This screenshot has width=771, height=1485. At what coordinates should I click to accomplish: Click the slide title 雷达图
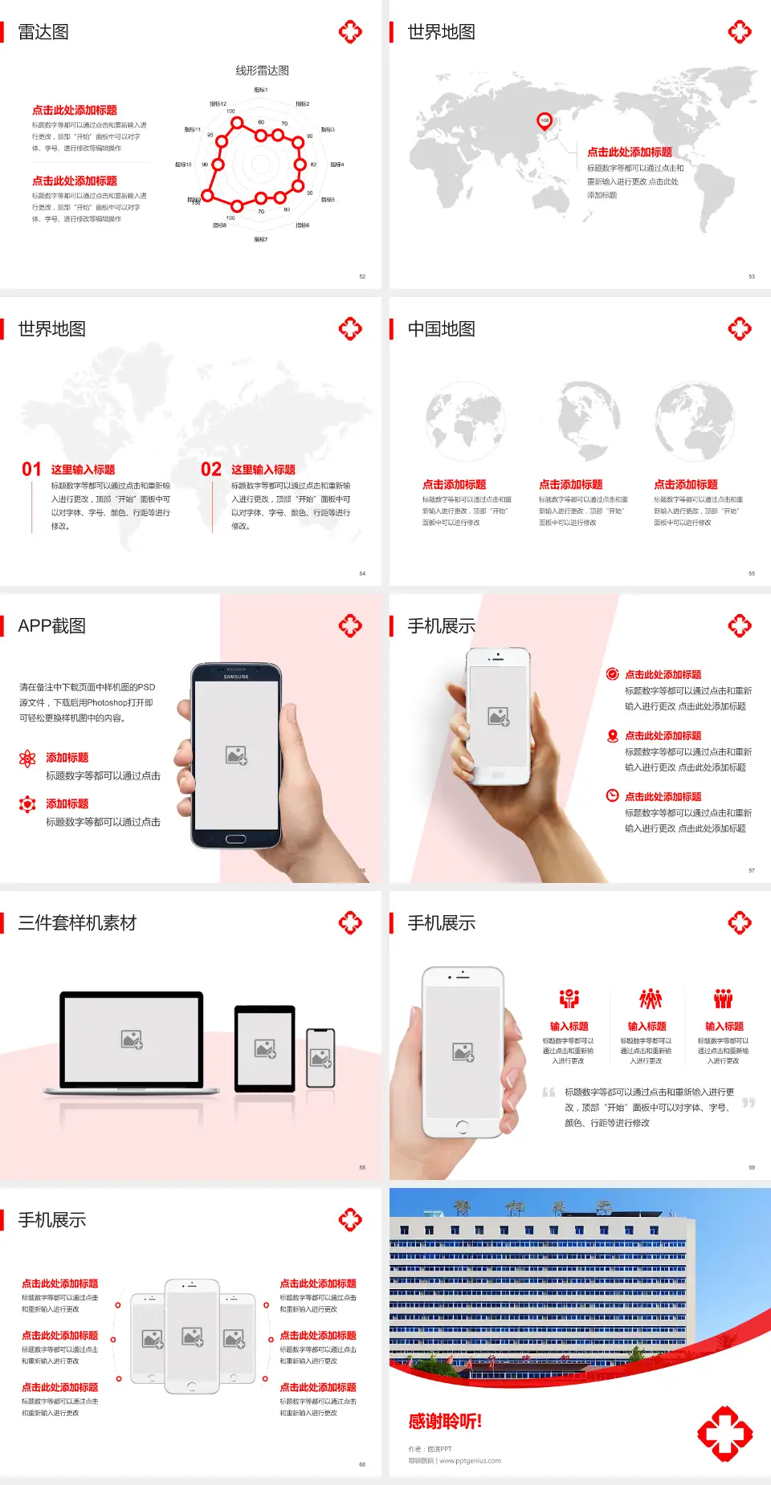pos(43,32)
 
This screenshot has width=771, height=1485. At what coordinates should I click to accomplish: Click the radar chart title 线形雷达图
pos(262,71)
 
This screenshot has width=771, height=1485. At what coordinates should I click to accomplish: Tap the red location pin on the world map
pos(544,121)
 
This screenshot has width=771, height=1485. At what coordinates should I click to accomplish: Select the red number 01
pos(31,470)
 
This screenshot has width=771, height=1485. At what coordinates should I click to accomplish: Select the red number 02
pos(211,470)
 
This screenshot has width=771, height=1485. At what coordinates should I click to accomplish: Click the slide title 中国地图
pos(441,329)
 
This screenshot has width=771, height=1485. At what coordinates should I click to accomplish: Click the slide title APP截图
pos(51,626)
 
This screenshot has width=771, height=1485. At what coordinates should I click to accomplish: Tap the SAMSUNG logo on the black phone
pos(236,677)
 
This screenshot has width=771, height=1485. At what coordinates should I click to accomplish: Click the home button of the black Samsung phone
pos(235,839)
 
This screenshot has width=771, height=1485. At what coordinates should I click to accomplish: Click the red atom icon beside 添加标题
pos(27,759)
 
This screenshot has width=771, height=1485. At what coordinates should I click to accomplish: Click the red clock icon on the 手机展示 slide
pos(612,795)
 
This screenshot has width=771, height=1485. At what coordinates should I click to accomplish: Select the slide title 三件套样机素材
pos(77,923)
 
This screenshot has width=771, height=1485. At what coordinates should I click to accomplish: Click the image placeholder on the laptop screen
pos(132,1039)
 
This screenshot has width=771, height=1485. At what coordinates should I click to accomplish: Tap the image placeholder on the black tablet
pos(265,1048)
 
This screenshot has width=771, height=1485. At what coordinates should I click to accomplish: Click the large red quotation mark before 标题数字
pos(549,1092)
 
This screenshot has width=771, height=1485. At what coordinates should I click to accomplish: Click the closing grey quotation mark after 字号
pos(749,1103)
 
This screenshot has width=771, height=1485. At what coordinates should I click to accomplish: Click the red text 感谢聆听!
pos(445,1422)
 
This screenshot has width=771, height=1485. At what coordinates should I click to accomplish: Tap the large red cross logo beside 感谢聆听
pos(724,1434)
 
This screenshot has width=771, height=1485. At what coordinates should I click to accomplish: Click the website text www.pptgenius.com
pos(470,1461)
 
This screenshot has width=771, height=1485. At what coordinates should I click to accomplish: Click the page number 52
pos(362,276)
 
